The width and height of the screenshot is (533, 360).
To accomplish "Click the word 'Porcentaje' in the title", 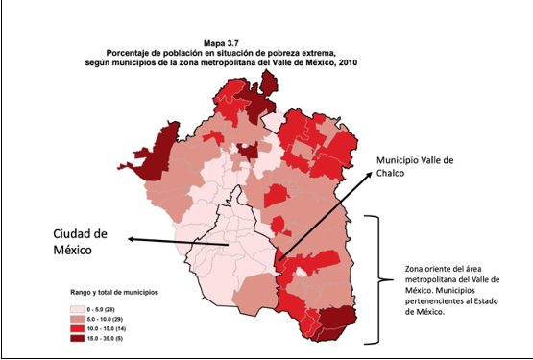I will [x=139, y=53].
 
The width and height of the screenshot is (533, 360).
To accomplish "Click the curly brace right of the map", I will [x=380, y=278].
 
